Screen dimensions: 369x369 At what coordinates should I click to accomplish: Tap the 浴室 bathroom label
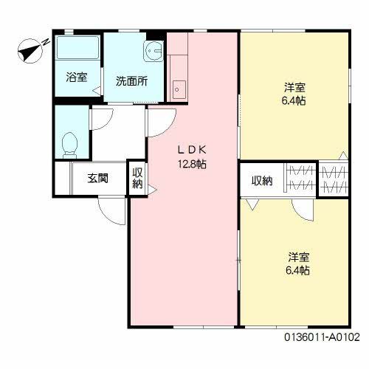75,76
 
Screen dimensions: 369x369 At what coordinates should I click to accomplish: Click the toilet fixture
71,143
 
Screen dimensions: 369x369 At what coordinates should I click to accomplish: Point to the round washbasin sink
154,51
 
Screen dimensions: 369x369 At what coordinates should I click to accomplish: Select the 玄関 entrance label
98,178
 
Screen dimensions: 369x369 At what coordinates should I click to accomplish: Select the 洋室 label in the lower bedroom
298,257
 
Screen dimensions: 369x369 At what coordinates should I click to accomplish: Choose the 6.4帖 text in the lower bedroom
298,270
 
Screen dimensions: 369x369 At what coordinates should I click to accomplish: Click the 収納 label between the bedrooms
261,180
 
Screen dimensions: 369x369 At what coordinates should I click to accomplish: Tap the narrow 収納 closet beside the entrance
137,179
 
